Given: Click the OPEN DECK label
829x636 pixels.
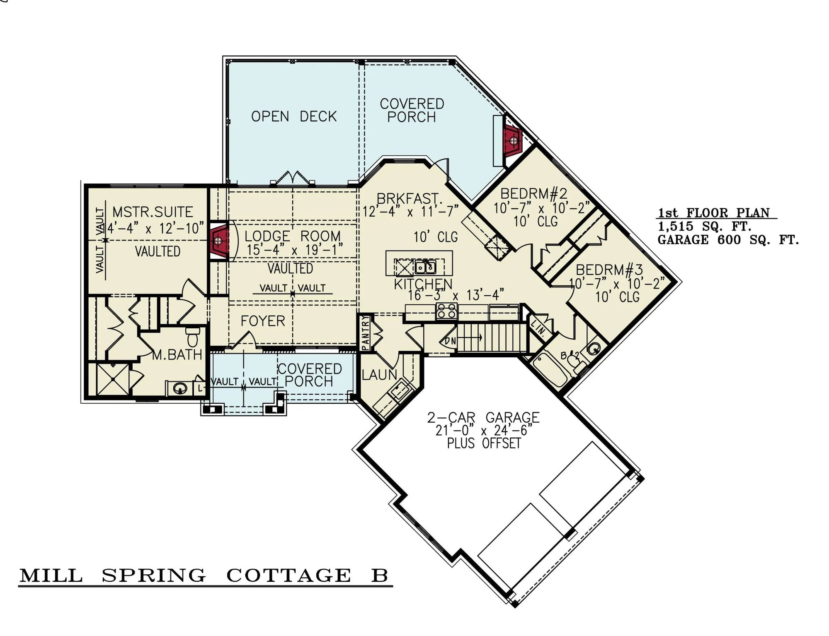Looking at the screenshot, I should (x=293, y=116).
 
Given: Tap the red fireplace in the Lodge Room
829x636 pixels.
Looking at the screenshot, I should (x=219, y=240).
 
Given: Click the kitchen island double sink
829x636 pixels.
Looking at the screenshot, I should (x=426, y=267).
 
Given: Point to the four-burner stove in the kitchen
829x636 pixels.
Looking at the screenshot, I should (x=446, y=311).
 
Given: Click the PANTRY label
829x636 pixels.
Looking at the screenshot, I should (x=365, y=333).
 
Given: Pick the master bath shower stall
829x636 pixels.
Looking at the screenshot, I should (x=112, y=379).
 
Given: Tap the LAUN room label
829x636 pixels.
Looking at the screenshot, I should (x=379, y=375).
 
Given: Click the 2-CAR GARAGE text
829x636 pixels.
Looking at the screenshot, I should (x=483, y=417).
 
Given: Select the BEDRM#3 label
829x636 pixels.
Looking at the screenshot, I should (x=609, y=270).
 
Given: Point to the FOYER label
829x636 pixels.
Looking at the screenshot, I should (x=263, y=321).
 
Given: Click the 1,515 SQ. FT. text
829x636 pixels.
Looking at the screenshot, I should (x=705, y=226).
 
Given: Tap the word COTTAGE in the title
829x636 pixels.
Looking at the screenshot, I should (x=288, y=576).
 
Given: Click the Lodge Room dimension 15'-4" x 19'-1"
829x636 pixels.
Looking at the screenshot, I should (x=294, y=250).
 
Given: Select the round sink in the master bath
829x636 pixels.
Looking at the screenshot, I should (x=179, y=388).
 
